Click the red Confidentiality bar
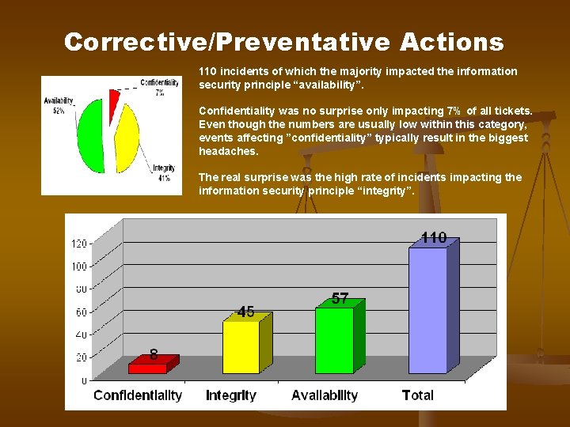click(147, 368)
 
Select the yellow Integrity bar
click(241, 346)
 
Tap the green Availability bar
click(334, 339)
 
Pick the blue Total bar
click(427, 310)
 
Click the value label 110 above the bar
click(433, 237)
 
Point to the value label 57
click(340, 298)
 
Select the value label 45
click(245, 312)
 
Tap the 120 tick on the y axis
click(79, 244)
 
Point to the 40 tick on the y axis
click(82, 335)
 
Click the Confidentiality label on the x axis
click(138, 395)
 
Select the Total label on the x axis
click(417, 395)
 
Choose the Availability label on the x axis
click(325, 395)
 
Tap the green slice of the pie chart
click(90, 134)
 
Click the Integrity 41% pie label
click(164, 172)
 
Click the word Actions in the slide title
click(451, 42)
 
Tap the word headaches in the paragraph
click(228, 151)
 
